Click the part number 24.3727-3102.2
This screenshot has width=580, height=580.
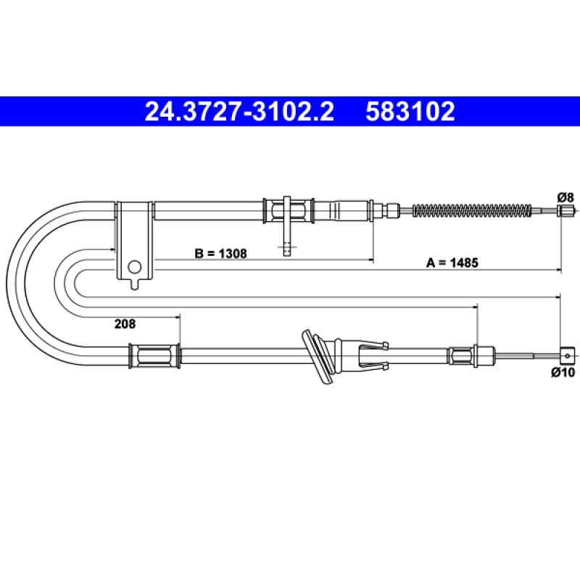pyautogui.click(x=240, y=112)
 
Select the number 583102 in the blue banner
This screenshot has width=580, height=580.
pyautogui.click(x=410, y=112)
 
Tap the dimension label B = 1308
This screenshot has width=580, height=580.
pyautogui.click(x=221, y=254)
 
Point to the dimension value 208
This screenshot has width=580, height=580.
pyautogui.click(x=125, y=325)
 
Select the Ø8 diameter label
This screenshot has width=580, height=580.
pyautogui.click(x=565, y=196)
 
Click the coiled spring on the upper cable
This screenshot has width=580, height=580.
pyautogui.click(x=471, y=212)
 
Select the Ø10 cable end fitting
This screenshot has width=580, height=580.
pyautogui.click(x=567, y=355)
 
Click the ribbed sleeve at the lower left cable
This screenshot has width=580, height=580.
pyautogui.click(x=154, y=355)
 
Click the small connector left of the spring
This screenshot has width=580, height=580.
pyautogui.click(x=391, y=211)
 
